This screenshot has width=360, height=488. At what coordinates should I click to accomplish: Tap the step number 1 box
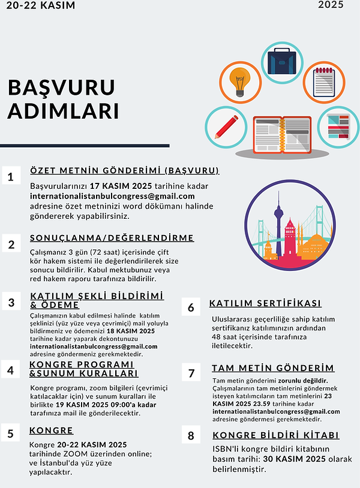click(x=11, y=176)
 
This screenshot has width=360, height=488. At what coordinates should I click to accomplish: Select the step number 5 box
click(x=11, y=433)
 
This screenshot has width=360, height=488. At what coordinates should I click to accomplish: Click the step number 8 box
click(x=191, y=435)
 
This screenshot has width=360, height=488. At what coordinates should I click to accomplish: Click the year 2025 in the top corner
click(x=331, y=6)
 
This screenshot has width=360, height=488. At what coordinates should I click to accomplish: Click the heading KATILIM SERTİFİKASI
click(x=265, y=303)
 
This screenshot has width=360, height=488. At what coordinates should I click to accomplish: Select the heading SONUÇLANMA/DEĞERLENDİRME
click(x=112, y=238)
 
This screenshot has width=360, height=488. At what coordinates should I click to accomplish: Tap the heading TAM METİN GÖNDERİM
click(x=273, y=367)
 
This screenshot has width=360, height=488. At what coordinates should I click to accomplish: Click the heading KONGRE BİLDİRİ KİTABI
click(x=275, y=435)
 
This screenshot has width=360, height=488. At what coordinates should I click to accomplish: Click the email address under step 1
click(x=112, y=196)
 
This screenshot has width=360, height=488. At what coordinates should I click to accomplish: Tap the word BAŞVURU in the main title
click(x=61, y=88)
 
